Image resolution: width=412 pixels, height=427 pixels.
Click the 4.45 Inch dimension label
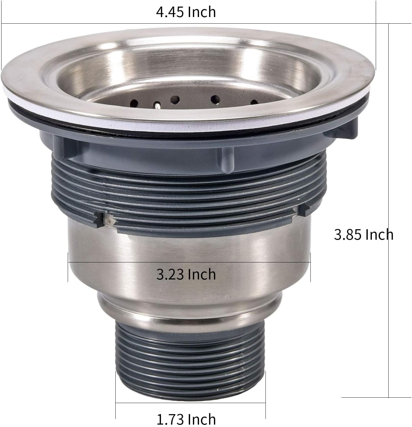tap(186, 12)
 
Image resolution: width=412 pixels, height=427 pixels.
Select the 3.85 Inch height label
tap(363, 235)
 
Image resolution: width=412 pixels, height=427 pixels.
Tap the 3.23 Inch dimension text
tap(186, 274)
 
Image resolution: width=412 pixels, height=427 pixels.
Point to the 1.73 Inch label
tap(186, 419)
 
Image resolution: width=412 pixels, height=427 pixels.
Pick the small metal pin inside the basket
tap(157, 106)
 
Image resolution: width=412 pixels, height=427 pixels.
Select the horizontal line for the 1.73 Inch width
tap(190, 403)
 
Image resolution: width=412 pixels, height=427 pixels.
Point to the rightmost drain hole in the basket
tap(254, 102)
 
